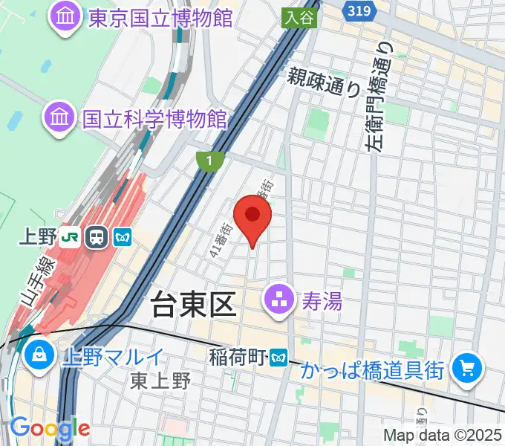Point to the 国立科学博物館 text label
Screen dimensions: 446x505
coord(154,118)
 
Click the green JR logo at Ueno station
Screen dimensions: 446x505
coord(71,237)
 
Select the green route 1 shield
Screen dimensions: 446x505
coord(211,158)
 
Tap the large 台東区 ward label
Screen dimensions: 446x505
coord(194,304)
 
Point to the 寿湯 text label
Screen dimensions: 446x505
coord(321,302)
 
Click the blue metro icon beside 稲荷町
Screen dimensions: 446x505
coord(279,358)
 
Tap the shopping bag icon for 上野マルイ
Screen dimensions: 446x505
coord(37,355)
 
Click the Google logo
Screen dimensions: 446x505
coord(50,429)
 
